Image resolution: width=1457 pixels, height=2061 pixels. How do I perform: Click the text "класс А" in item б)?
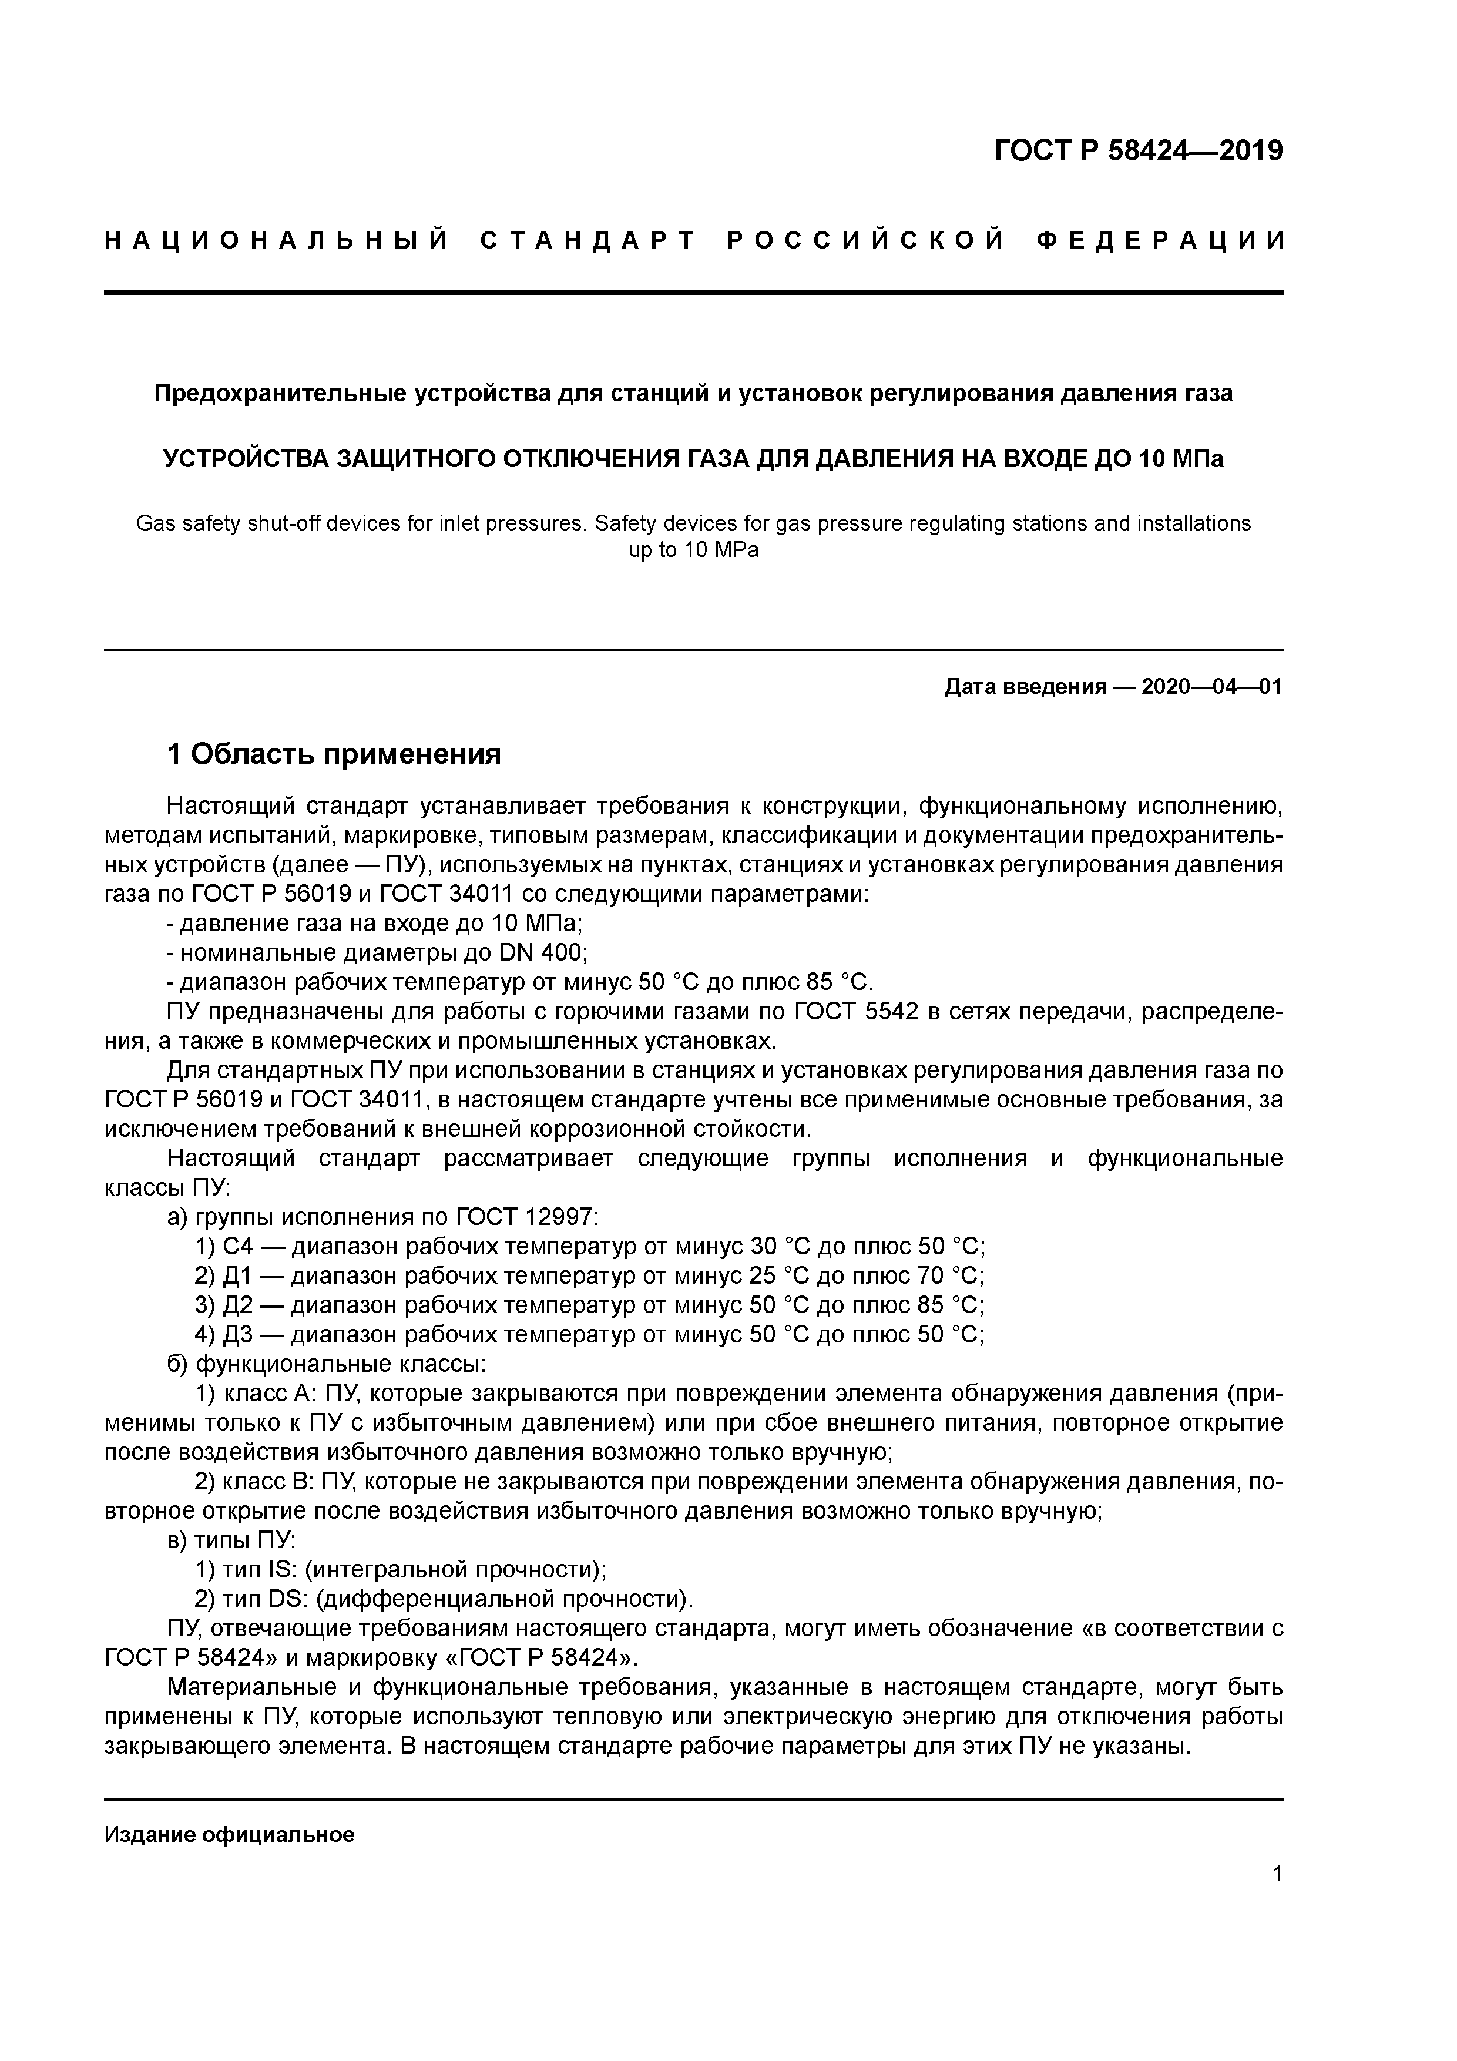pyautogui.click(x=263, y=1394)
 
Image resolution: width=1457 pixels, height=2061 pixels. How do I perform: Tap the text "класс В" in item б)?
pyautogui.click(x=263, y=1482)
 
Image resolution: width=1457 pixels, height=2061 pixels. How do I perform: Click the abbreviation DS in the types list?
pyautogui.click(x=286, y=1600)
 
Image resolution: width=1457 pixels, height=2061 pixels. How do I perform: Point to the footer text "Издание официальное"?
pyautogui.click(x=230, y=1835)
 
